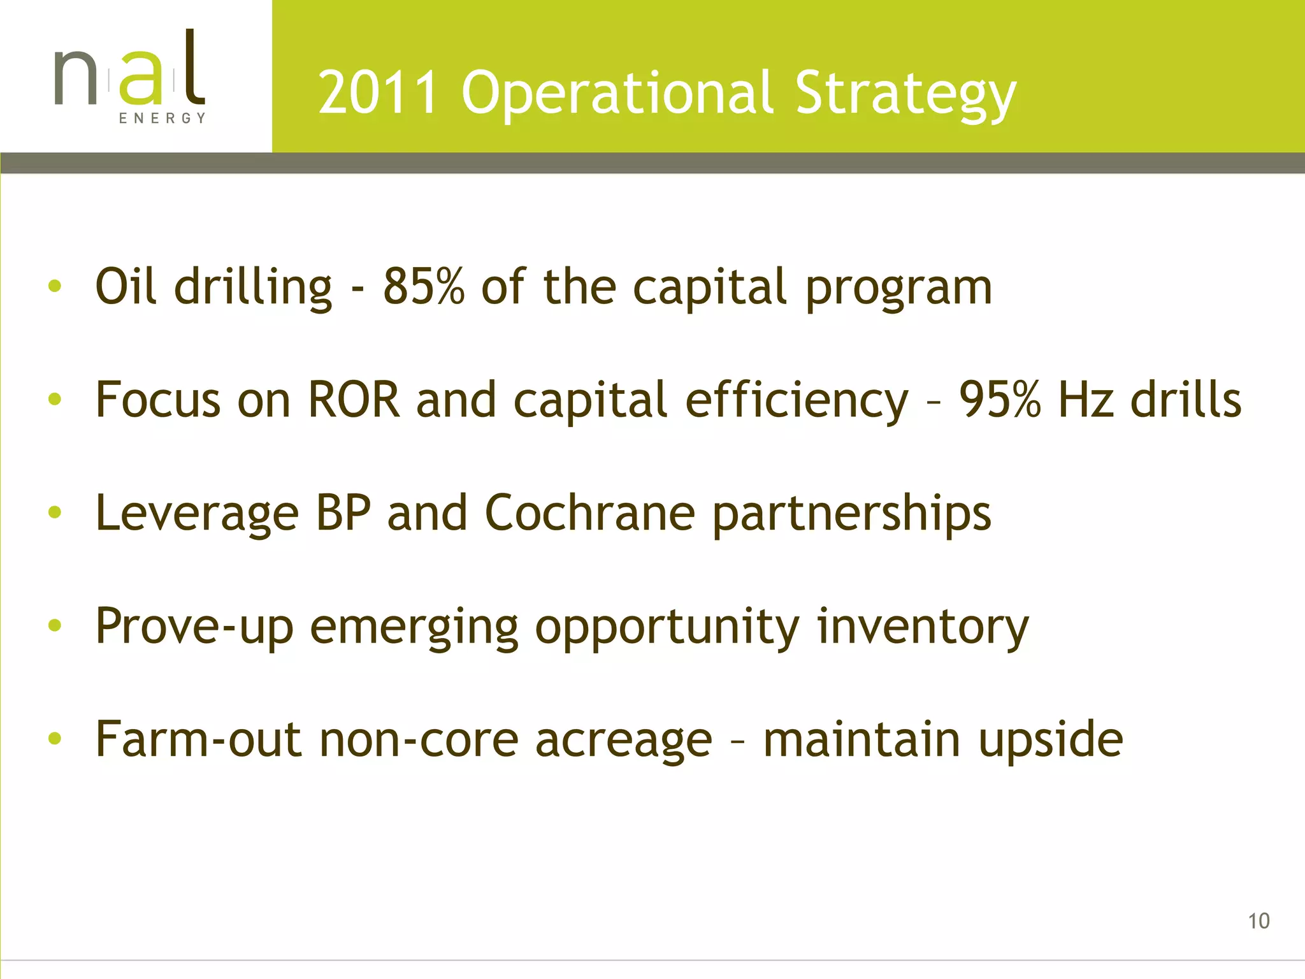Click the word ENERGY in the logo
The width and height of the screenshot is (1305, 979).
[x=162, y=118]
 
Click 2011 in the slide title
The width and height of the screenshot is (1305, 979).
[x=379, y=93]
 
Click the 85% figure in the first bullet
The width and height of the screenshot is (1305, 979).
[x=423, y=287]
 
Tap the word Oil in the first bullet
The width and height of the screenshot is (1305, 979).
[x=126, y=287]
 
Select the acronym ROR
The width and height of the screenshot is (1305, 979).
[x=354, y=400]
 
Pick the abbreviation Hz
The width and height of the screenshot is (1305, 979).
[x=1086, y=400]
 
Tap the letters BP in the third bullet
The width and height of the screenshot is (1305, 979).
[x=343, y=512]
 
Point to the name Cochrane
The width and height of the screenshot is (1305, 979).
[x=589, y=512]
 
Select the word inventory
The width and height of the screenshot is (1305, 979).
[x=923, y=627]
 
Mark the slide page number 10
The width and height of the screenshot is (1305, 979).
[x=1258, y=921]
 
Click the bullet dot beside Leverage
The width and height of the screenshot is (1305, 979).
[x=55, y=512]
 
